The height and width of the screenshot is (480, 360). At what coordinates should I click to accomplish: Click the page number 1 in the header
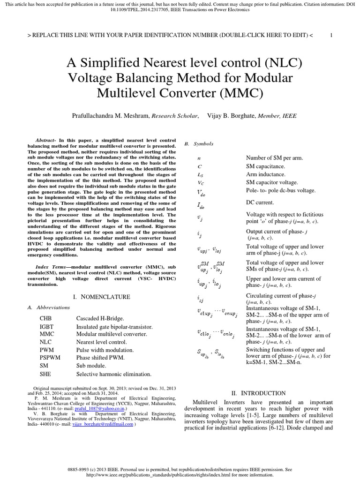(331, 35)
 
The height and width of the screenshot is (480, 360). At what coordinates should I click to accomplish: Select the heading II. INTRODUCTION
(258, 393)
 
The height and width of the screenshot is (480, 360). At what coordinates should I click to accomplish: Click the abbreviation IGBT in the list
(47, 326)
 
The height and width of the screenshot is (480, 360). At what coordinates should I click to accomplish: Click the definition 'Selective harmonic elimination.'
(114, 374)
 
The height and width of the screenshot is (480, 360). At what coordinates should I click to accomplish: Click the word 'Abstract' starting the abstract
(45, 140)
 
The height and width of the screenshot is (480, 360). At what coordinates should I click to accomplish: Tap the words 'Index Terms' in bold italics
(48, 266)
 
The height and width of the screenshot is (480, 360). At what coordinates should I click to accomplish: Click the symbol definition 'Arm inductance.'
(266, 174)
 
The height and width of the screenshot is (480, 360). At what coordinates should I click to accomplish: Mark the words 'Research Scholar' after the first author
(172, 115)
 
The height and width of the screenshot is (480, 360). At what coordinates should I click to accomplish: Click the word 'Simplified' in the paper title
(132, 62)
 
